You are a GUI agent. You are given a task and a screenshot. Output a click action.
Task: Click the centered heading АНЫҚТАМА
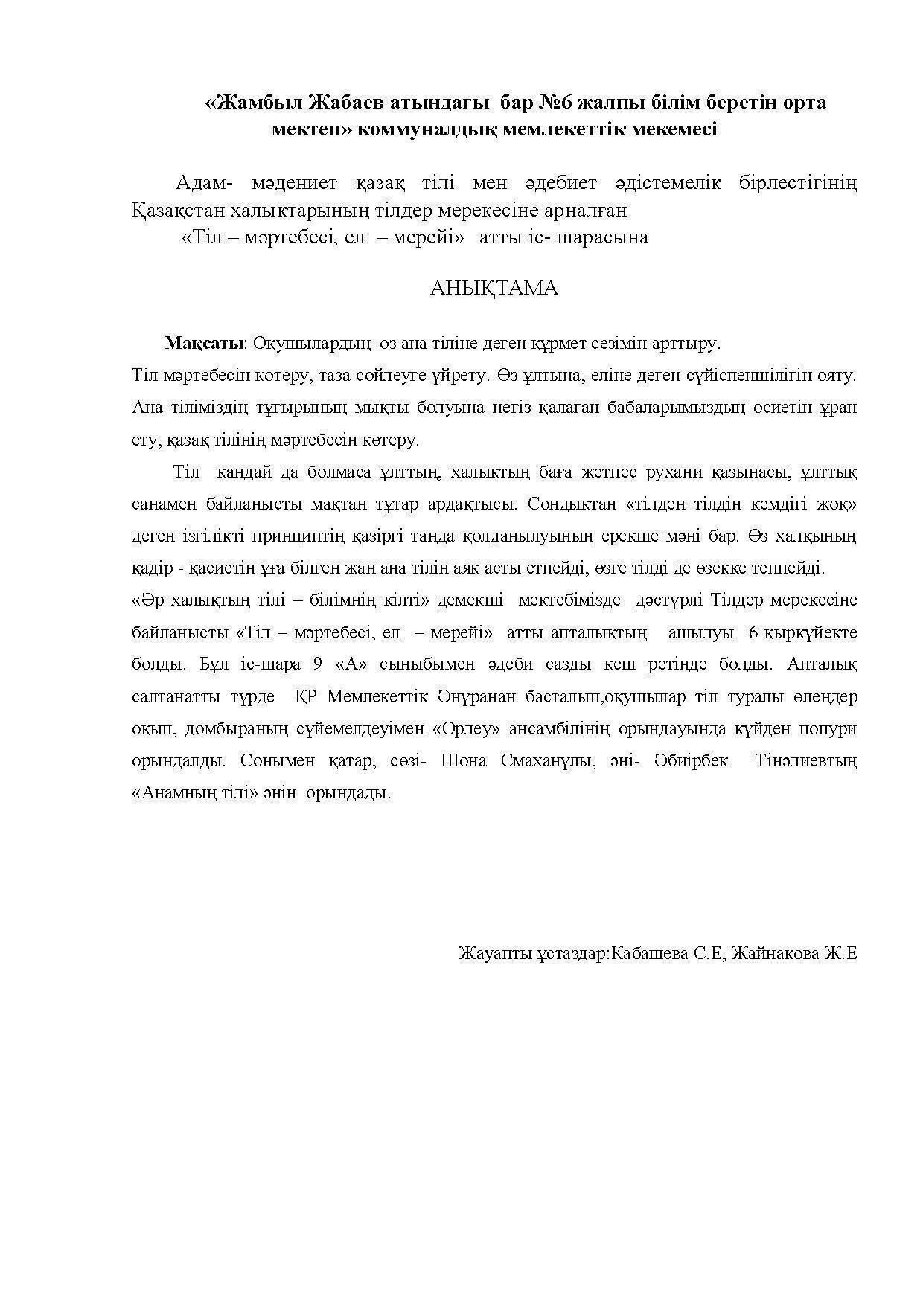[x=494, y=289]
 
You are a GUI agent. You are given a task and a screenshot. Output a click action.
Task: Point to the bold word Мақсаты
[x=205, y=344]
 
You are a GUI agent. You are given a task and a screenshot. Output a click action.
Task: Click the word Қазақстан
[x=175, y=211]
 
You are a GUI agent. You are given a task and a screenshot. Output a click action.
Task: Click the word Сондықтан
[x=571, y=504]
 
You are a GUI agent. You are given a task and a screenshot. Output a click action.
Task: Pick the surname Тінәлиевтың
[x=805, y=761]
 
